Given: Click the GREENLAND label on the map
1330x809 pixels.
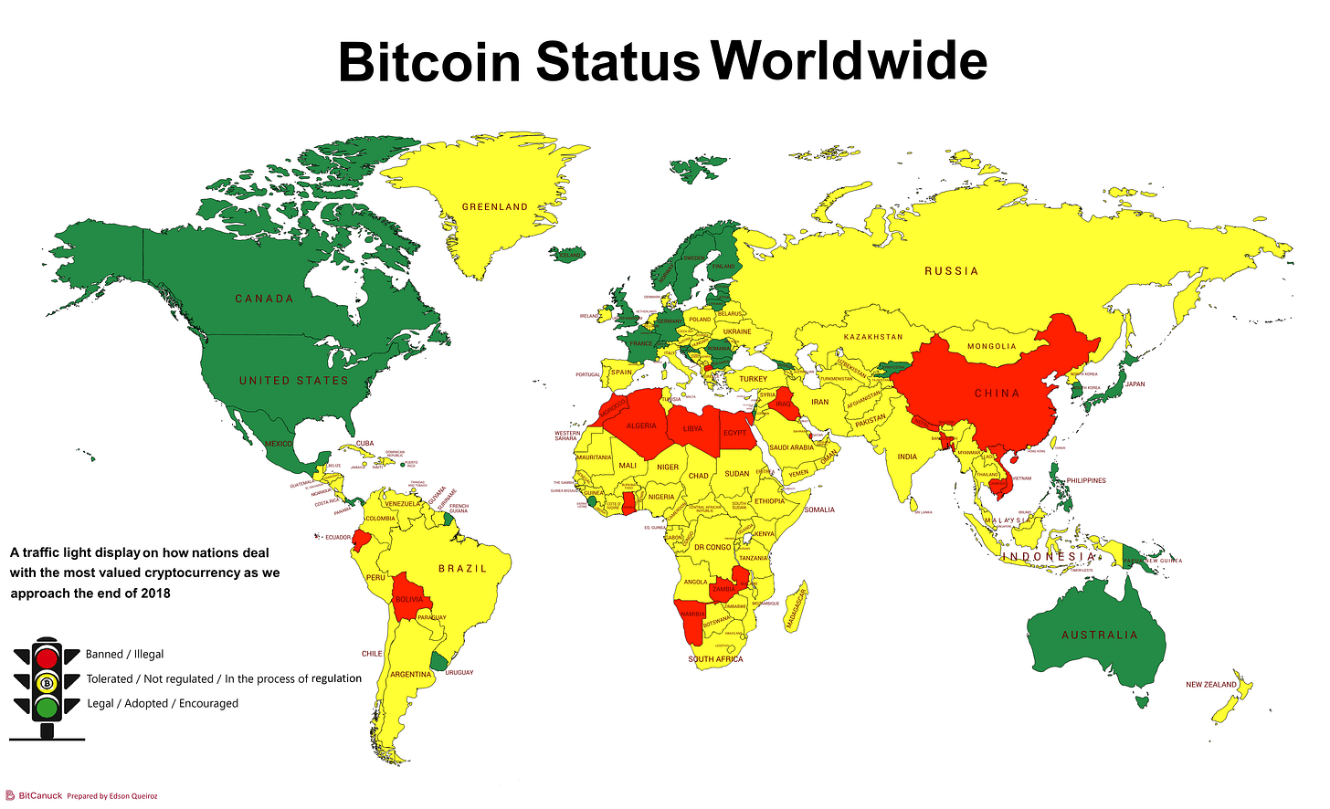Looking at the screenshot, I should (494, 207).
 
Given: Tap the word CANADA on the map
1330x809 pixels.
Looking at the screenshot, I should (264, 299).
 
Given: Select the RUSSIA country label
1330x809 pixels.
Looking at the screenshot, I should (951, 271).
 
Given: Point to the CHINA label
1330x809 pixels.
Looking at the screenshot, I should (997, 394).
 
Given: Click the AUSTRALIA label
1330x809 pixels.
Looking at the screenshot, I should (1099, 636).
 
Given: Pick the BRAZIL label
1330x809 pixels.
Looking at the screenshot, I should (462, 569).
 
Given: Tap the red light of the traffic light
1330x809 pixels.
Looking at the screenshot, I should (47, 657).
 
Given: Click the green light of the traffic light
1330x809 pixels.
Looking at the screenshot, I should (47, 707).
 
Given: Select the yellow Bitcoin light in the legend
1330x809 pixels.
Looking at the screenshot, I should (47, 682).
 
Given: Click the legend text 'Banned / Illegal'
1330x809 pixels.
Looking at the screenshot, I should (124, 655).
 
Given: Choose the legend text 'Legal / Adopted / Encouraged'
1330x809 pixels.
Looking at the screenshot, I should (163, 704).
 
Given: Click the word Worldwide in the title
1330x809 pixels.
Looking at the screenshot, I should (849, 60).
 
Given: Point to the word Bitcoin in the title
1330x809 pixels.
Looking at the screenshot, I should (429, 62).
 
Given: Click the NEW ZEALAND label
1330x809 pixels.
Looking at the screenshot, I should (1210, 685).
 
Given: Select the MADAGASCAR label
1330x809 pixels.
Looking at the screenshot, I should (797, 608).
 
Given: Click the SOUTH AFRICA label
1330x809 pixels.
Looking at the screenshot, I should (715, 659).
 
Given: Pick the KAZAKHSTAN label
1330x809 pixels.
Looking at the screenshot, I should (872, 337).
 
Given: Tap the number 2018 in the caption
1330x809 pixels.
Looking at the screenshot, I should (155, 594).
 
